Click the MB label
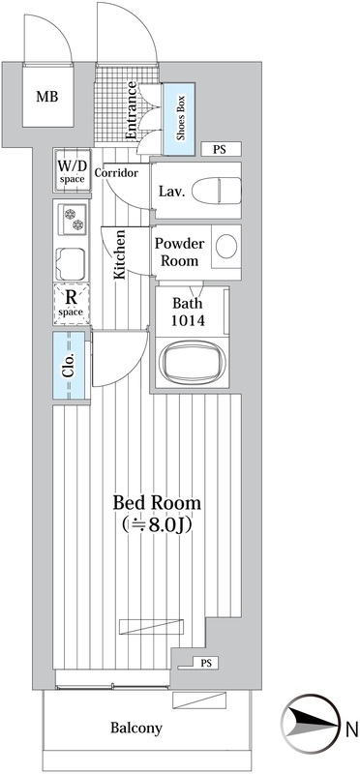coord(46,97)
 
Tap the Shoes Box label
coord(180,118)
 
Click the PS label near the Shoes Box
coord(220,149)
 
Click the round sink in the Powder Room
coord(225,247)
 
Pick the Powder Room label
coord(177,253)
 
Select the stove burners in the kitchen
coord(73,222)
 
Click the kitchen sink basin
coord(72,261)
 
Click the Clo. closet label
coord(69,368)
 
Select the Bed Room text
coord(157,503)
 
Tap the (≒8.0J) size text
coord(157,526)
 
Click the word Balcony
coord(135,729)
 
